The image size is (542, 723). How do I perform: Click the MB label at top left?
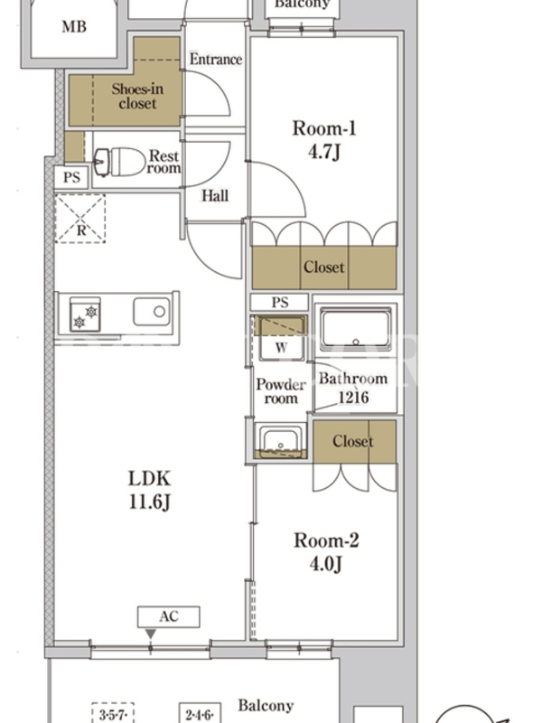[74, 27]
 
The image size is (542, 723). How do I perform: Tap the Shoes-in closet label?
[137, 96]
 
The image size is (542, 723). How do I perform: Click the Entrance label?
[216, 59]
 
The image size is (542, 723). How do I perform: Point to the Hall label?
[215, 195]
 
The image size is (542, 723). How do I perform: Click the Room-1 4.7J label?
[324, 140]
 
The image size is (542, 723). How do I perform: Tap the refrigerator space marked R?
[80, 219]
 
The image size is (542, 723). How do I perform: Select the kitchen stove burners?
[85, 315]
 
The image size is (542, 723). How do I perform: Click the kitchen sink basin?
[152, 312]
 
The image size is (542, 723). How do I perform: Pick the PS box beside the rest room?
[71, 177]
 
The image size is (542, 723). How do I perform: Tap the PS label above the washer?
[280, 303]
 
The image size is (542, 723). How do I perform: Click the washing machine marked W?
[281, 338]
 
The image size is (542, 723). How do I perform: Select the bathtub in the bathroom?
[355, 330]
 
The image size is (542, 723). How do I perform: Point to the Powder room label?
[281, 391]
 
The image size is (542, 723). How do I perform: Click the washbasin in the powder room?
[280, 441]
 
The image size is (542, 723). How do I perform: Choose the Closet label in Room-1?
[324, 267]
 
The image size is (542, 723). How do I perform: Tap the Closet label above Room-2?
[353, 441]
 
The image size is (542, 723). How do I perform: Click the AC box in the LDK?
[169, 617]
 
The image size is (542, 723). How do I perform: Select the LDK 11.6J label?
[149, 490]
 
